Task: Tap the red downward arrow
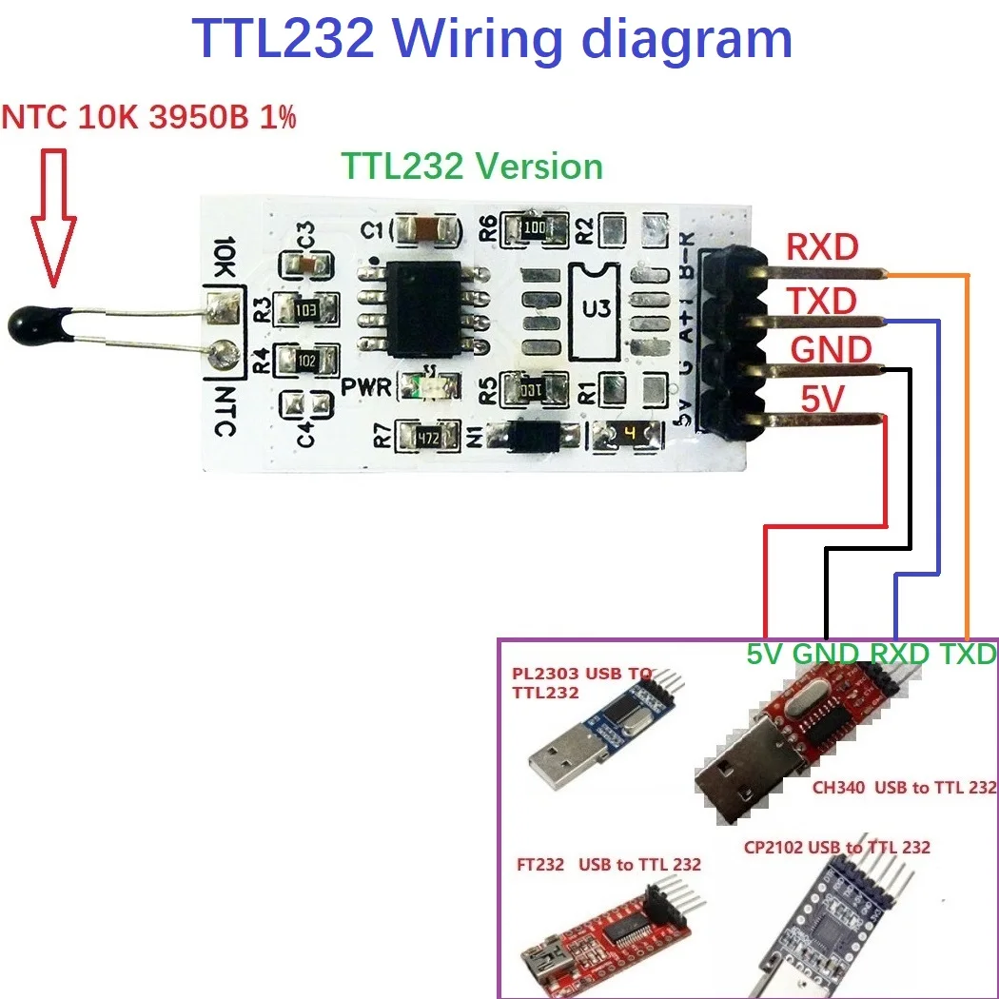pos(53,219)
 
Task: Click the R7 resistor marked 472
pos(425,438)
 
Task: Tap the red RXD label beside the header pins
pos(822,248)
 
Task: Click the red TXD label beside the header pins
pos(822,302)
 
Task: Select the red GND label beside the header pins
pos(830,350)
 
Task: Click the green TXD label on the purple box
pos(968,655)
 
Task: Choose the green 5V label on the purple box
pos(767,655)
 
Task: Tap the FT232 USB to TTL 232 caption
pos(609,864)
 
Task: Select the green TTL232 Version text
pos(473,166)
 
